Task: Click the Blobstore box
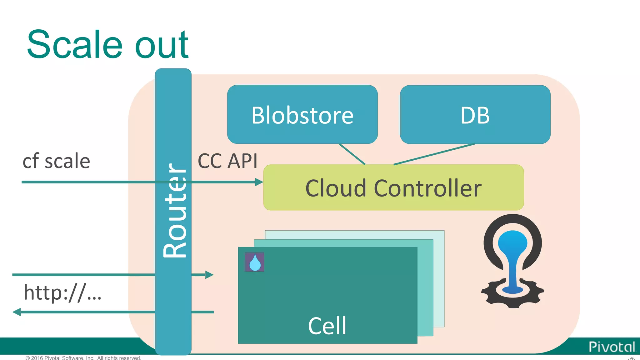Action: click(x=302, y=114)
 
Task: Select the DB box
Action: click(x=475, y=114)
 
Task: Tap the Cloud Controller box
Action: click(x=393, y=188)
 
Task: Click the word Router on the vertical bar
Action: click(x=175, y=210)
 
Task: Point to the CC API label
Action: click(x=227, y=161)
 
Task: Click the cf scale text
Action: click(x=56, y=161)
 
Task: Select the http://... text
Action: click(x=62, y=292)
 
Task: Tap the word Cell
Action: click(x=327, y=326)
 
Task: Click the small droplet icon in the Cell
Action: click(x=254, y=262)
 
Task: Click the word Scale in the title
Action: click(x=74, y=44)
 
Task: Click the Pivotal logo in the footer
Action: click(x=612, y=347)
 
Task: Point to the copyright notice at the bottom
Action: click(x=83, y=358)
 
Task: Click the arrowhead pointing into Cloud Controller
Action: click(x=259, y=182)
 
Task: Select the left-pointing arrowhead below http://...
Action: click(x=17, y=312)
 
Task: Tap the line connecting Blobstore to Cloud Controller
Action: click(x=352, y=154)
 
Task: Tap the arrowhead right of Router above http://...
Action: click(x=209, y=275)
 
